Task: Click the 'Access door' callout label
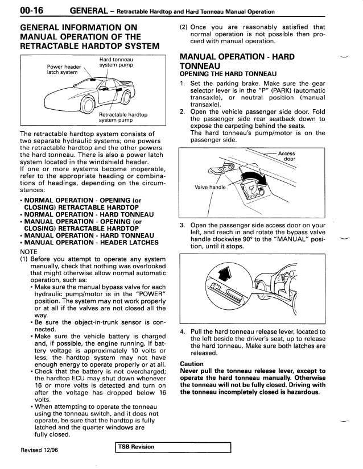pos(290,156)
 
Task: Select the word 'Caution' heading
pos(193,363)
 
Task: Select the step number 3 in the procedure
pos(182,225)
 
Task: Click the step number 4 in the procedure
pos(182,332)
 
